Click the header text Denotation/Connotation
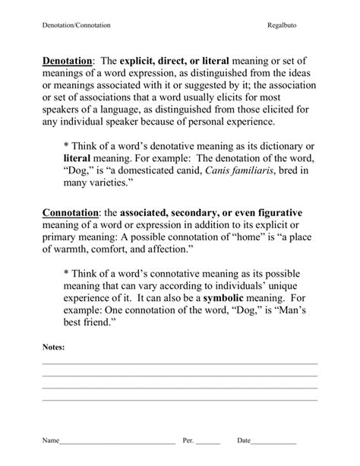(76, 25)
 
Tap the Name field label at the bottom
(50, 440)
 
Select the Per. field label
(189, 440)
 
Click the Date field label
(244, 440)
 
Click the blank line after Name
(117, 442)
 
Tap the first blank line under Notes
(180, 363)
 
